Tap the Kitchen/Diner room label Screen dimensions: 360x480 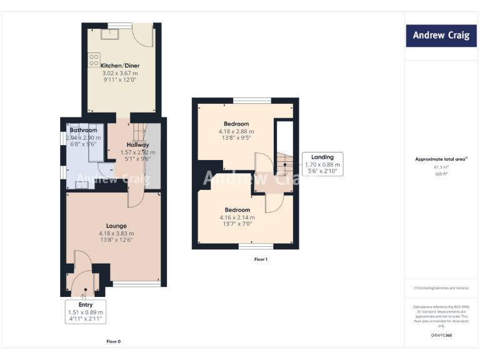(120, 66)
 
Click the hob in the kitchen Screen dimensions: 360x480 (94, 60)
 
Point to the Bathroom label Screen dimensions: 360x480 (83, 130)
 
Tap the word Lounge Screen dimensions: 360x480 (116, 226)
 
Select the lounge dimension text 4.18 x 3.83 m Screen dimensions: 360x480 (116, 233)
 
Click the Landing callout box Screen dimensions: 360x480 (322, 164)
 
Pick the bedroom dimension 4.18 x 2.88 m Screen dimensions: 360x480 (236, 131)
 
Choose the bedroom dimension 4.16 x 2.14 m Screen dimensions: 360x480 (237, 217)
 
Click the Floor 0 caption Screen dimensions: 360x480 (113, 341)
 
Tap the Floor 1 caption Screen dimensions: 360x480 (261, 259)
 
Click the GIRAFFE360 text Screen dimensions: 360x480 (441, 336)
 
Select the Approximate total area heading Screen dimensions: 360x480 (441, 159)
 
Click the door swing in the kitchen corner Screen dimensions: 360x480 (144, 36)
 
